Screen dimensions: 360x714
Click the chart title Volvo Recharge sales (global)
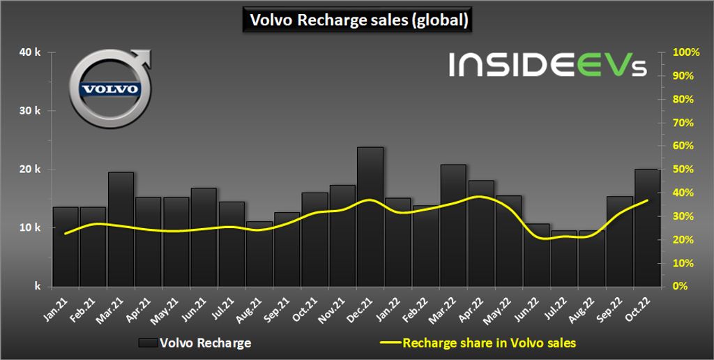pyautogui.click(x=357, y=20)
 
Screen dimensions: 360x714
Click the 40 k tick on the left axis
pyautogui.click(x=31, y=52)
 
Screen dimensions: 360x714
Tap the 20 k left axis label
pyautogui.click(x=31, y=170)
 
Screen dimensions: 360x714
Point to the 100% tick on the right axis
pyautogui.click(x=685, y=52)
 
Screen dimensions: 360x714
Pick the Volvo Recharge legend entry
pyautogui.click(x=195, y=343)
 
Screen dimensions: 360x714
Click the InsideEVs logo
pyautogui.click(x=547, y=64)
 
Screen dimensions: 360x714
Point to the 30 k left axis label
pyautogui.click(x=31, y=111)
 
